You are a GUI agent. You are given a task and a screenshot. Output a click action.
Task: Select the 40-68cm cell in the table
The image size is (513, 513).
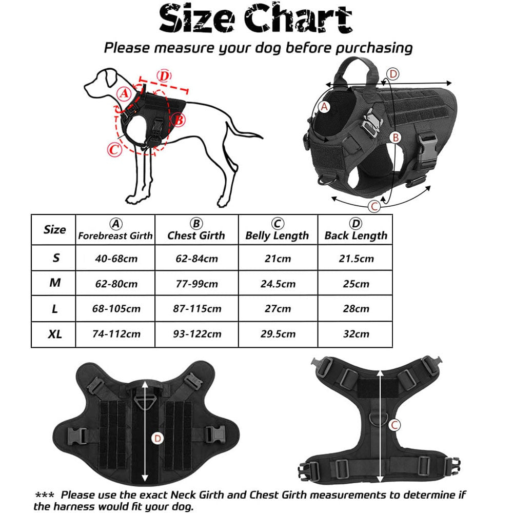coord(116,258)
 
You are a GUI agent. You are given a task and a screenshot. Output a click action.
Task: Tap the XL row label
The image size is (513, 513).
coord(55,334)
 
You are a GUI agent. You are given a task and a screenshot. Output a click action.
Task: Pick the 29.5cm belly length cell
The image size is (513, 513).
coord(278,334)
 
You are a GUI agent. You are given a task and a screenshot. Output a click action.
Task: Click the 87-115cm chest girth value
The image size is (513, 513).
coord(196,308)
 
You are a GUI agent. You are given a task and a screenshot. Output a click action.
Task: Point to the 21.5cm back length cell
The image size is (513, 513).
coord(356,258)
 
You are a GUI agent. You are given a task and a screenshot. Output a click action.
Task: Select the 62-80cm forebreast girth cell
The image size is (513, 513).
coord(116,283)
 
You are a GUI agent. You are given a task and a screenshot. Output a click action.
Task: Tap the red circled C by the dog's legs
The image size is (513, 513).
coord(114,150)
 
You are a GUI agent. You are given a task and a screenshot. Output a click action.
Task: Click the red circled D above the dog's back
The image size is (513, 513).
coord(163,76)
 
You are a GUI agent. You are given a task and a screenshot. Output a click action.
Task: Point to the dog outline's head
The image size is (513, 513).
coord(103,82)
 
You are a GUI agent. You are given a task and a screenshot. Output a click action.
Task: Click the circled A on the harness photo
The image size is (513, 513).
coord(324,107)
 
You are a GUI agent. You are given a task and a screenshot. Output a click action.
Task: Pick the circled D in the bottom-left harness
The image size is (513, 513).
coord(157,438)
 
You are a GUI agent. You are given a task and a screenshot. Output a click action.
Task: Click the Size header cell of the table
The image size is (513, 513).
coord(55,229)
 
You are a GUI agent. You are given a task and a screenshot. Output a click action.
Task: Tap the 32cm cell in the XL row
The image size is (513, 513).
coord(356,334)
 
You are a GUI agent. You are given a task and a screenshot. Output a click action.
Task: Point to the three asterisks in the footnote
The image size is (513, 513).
coord(45,496)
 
